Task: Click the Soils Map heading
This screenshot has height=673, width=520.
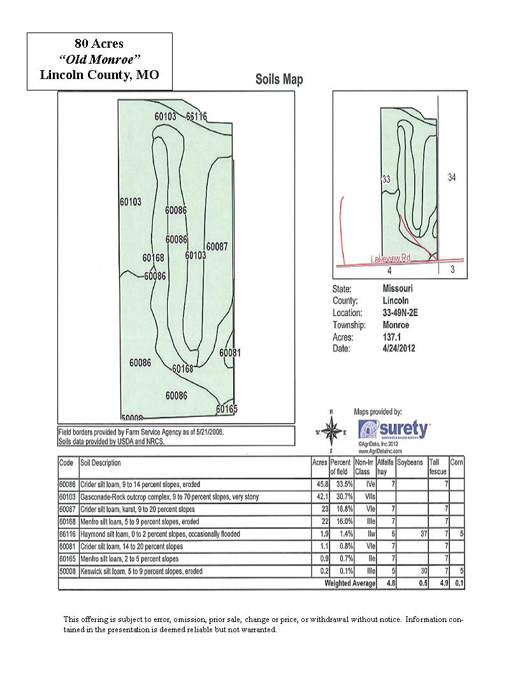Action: coord(279,80)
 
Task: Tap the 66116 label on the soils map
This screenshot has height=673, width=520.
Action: coord(196,117)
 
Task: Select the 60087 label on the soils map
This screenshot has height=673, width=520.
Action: coord(217,247)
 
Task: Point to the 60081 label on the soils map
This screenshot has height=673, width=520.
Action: coord(230,352)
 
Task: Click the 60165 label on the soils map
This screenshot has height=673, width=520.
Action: coord(226,409)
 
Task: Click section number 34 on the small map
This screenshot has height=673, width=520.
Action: coord(452,177)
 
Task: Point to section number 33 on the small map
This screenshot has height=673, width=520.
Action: coord(386,180)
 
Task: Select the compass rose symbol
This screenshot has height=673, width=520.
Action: coord(331,431)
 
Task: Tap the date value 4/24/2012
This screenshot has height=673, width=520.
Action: coord(399,349)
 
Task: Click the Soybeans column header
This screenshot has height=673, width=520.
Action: coord(410,462)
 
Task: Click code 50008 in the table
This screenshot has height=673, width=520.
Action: coord(67,571)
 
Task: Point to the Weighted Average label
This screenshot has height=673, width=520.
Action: coord(350,583)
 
